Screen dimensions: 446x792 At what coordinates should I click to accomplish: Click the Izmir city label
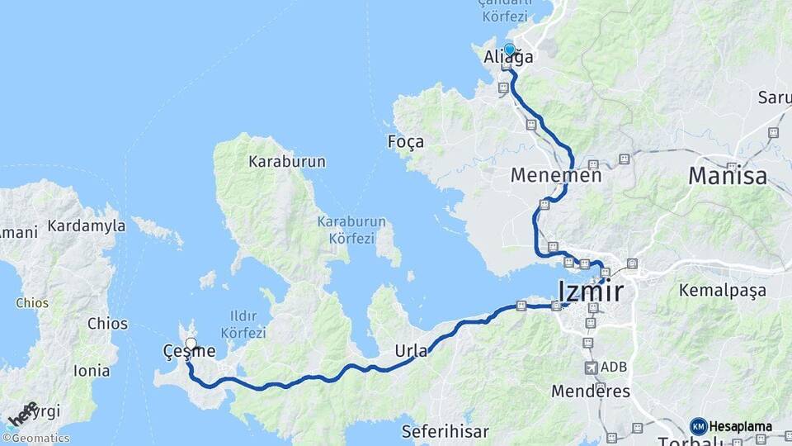[591, 292]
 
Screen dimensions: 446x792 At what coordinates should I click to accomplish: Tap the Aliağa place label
[507, 59]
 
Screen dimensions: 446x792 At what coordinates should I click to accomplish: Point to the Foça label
[406, 142]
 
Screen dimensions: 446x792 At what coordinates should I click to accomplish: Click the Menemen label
[556, 176]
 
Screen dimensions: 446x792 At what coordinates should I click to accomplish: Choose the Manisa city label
[727, 175]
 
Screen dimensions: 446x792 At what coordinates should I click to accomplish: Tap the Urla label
[412, 350]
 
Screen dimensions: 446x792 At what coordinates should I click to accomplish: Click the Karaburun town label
[287, 162]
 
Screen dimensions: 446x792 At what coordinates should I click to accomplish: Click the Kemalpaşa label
[722, 291]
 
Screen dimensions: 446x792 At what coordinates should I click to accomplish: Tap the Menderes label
[591, 391]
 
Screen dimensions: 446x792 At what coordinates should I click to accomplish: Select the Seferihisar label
[445, 431]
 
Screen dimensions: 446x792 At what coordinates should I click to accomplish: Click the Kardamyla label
[86, 225]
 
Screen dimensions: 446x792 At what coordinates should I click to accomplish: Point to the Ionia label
[92, 371]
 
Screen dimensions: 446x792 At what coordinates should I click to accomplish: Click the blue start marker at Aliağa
[509, 50]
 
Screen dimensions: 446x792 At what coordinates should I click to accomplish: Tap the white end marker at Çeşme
[191, 343]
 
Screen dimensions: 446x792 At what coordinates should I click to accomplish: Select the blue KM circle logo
[698, 426]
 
